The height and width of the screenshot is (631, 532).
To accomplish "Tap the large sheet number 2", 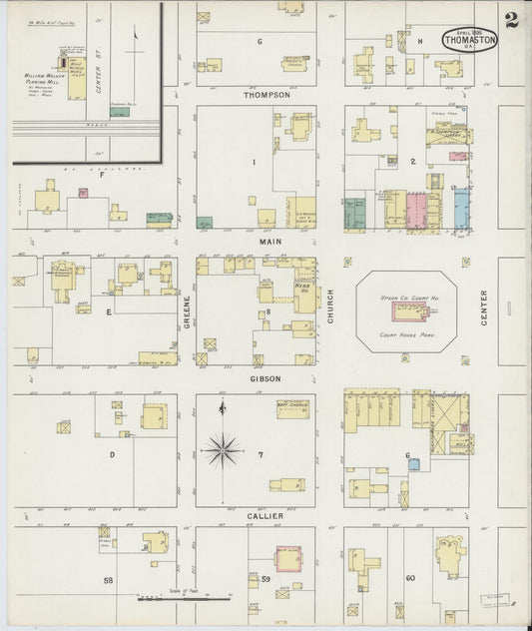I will pyautogui.click(x=512, y=20).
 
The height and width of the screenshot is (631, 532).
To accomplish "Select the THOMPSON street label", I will pyautogui.click(x=266, y=95).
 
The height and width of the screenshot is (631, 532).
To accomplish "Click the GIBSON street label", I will pyautogui.click(x=266, y=379).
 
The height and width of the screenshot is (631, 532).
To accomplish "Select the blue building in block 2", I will pyautogui.click(x=461, y=209).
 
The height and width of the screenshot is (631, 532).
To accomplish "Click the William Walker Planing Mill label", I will pyautogui.click(x=44, y=78).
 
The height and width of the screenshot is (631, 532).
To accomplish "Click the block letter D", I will pyautogui.click(x=112, y=454).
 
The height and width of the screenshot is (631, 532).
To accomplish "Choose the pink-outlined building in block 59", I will pyautogui.click(x=288, y=559).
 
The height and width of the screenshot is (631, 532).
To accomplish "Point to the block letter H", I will pyautogui.click(x=420, y=41).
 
